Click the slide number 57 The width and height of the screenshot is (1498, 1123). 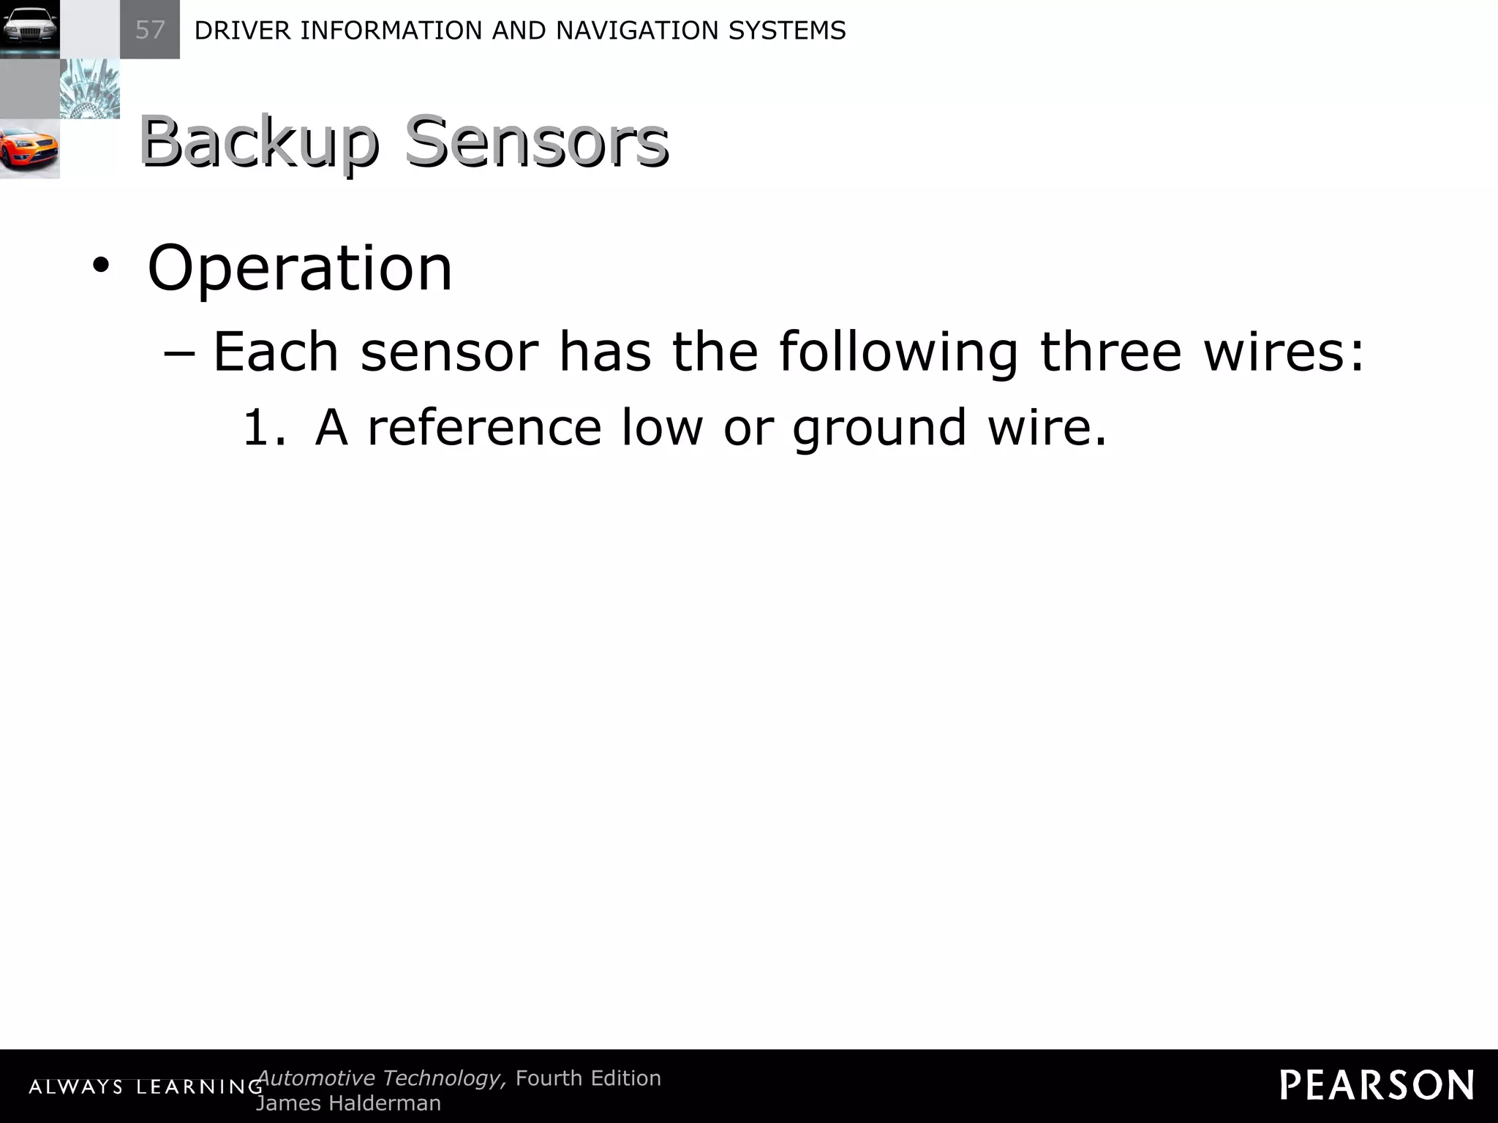[x=150, y=30]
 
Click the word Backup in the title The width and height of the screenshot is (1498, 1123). [x=259, y=142]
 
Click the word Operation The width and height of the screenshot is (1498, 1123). [x=300, y=268]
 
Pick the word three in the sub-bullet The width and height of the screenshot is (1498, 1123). [x=1110, y=352]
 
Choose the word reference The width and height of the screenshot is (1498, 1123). [x=484, y=427]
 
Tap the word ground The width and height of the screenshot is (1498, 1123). [x=880, y=428]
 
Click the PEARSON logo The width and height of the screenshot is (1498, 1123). [x=1377, y=1085]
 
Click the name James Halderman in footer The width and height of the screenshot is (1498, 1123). [x=349, y=1103]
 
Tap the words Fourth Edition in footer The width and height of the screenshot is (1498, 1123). [x=588, y=1078]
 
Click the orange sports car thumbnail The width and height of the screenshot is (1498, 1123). [x=29, y=149]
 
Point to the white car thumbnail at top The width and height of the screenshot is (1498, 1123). [x=29, y=29]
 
